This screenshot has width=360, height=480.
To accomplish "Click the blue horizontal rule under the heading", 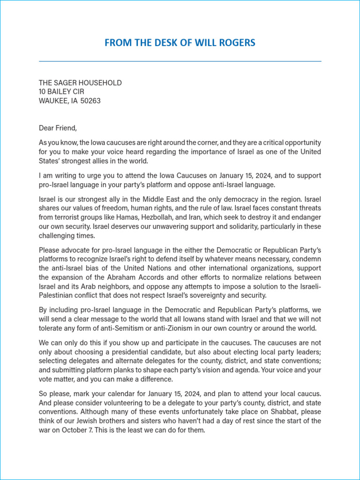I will [180, 61].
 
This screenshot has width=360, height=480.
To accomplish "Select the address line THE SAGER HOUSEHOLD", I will [80, 83].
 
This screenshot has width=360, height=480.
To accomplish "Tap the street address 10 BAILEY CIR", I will [61, 92].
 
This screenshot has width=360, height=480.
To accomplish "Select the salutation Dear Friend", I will [57, 127].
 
